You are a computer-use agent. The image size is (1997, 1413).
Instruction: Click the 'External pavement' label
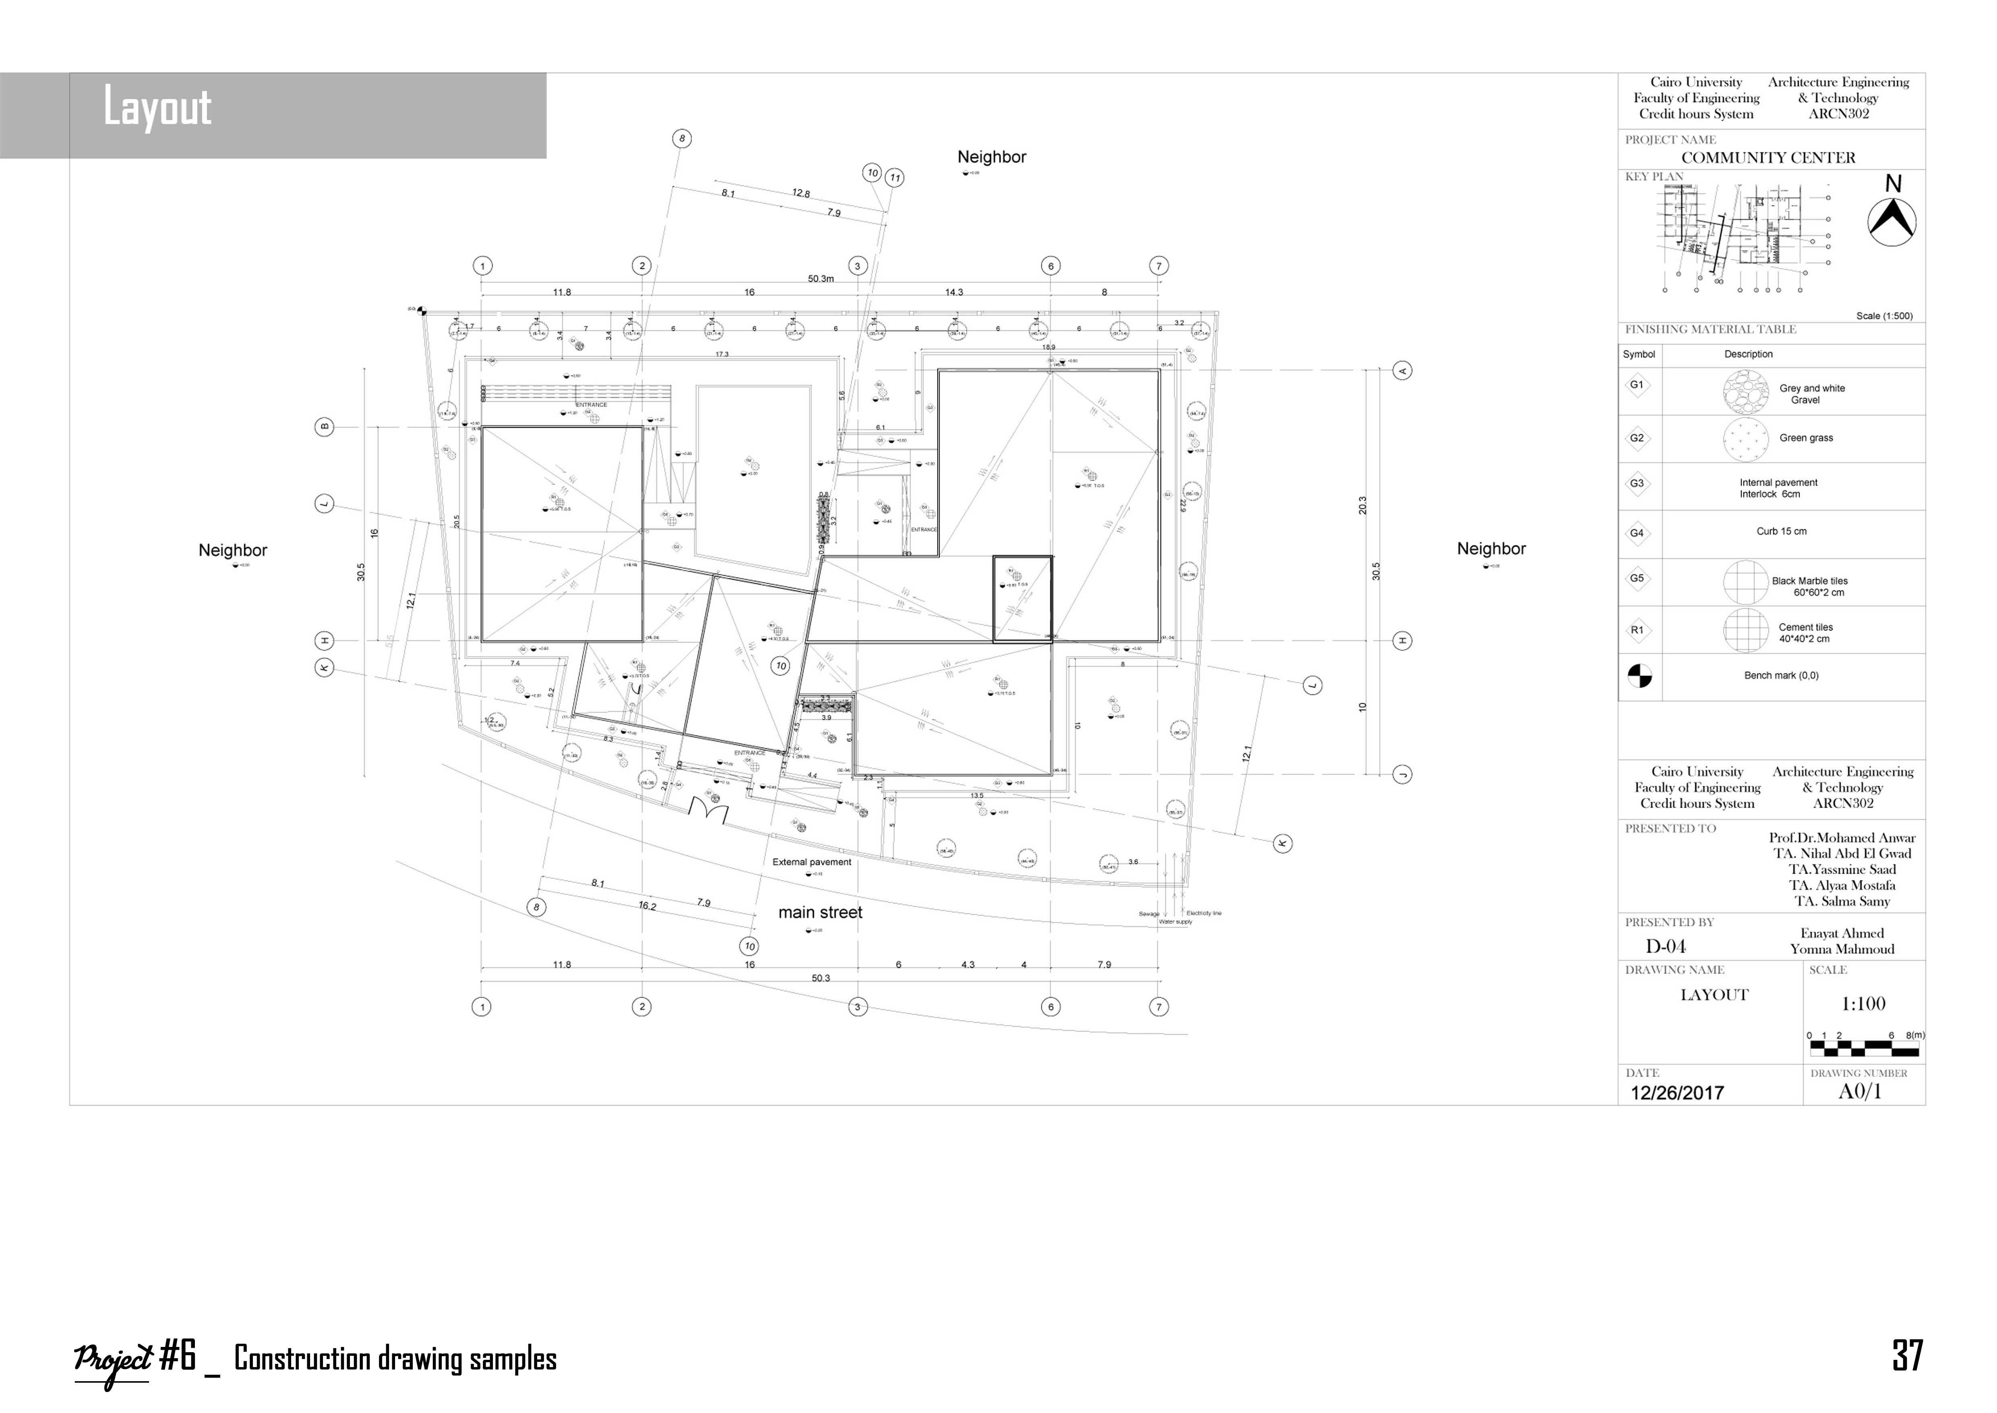tap(811, 862)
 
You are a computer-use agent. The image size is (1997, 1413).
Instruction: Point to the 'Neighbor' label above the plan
tap(991, 157)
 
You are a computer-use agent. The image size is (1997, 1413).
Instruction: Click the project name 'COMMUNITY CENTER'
tap(1768, 157)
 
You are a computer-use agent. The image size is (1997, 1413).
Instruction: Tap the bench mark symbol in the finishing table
tap(1639, 676)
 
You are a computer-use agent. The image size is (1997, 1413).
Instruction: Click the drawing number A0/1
tap(1860, 1092)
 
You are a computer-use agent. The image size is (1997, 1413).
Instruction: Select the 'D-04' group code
tap(1666, 947)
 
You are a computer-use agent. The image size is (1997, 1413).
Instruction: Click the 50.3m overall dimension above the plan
tap(820, 279)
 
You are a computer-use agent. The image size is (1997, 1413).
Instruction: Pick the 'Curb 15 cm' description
tap(1781, 532)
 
